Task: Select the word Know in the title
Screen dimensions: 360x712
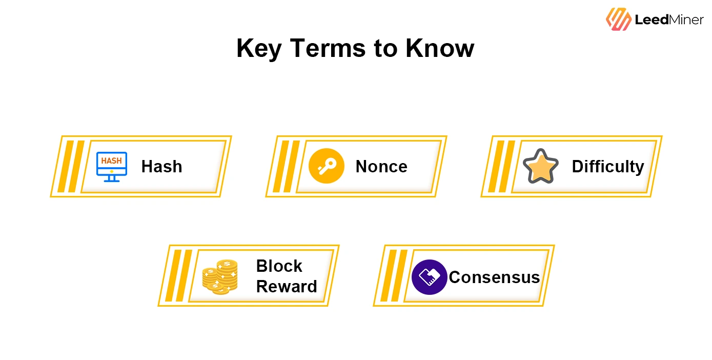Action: click(x=440, y=49)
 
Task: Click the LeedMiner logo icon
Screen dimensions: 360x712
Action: click(x=618, y=19)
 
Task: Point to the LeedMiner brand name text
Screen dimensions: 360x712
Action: click(x=669, y=20)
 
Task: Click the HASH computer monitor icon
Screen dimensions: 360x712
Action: click(x=112, y=166)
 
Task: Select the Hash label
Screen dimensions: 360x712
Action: click(x=161, y=167)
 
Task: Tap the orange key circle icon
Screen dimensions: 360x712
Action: click(x=326, y=166)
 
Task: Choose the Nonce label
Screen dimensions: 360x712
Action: click(x=381, y=167)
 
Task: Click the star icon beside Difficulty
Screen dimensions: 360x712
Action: click(x=540, y=166)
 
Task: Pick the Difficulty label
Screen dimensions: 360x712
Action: click(x=607, y=167)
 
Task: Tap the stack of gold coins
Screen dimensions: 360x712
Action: click(x=220, y=277)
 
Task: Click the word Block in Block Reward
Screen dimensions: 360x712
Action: click(x=279, y=266)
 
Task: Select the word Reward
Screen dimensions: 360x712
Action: click(x=287, y=286)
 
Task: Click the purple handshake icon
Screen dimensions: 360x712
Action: click(x=429, y=277)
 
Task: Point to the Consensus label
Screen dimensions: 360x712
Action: click(x=494, y=277)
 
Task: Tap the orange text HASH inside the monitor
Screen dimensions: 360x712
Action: click(x=111, y=161)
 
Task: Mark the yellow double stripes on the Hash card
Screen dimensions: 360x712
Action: click(x=71, y=166)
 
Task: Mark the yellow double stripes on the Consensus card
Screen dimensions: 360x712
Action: click(x=394, y=275)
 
